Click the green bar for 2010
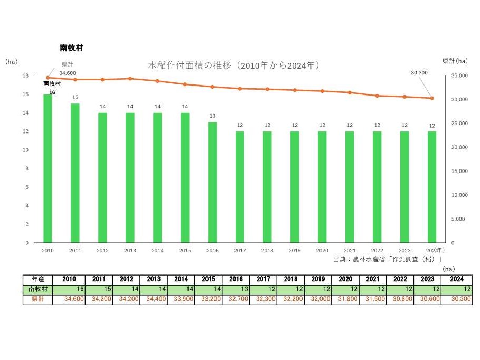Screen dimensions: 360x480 click(x=48, y=168)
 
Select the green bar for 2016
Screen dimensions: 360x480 click(x=212, y=182)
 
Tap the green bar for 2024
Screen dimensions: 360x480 click(x=432, y=187)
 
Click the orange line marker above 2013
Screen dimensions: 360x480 click(x=130, y=79)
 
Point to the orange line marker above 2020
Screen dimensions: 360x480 click(x=322, y=91)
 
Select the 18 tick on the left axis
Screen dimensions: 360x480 click(x=25, y=75)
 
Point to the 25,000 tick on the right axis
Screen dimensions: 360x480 click(x=460, y=124)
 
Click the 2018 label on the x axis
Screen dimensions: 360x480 click(x=267, y=251)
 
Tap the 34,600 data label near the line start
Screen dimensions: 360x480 click(x=68, y=73)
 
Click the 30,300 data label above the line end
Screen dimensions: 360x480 click(x=419, y=73)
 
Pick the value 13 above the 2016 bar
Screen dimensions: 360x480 click(x=212, y=116)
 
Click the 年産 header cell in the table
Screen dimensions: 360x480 click(x=38, y=279)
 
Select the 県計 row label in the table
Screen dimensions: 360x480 click(x=38, y=299)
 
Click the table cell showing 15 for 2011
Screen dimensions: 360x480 click(x=99, y=289)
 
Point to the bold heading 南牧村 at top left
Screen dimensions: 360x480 click(x=71, y=48)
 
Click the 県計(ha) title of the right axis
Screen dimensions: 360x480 click(x=455, y=61)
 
